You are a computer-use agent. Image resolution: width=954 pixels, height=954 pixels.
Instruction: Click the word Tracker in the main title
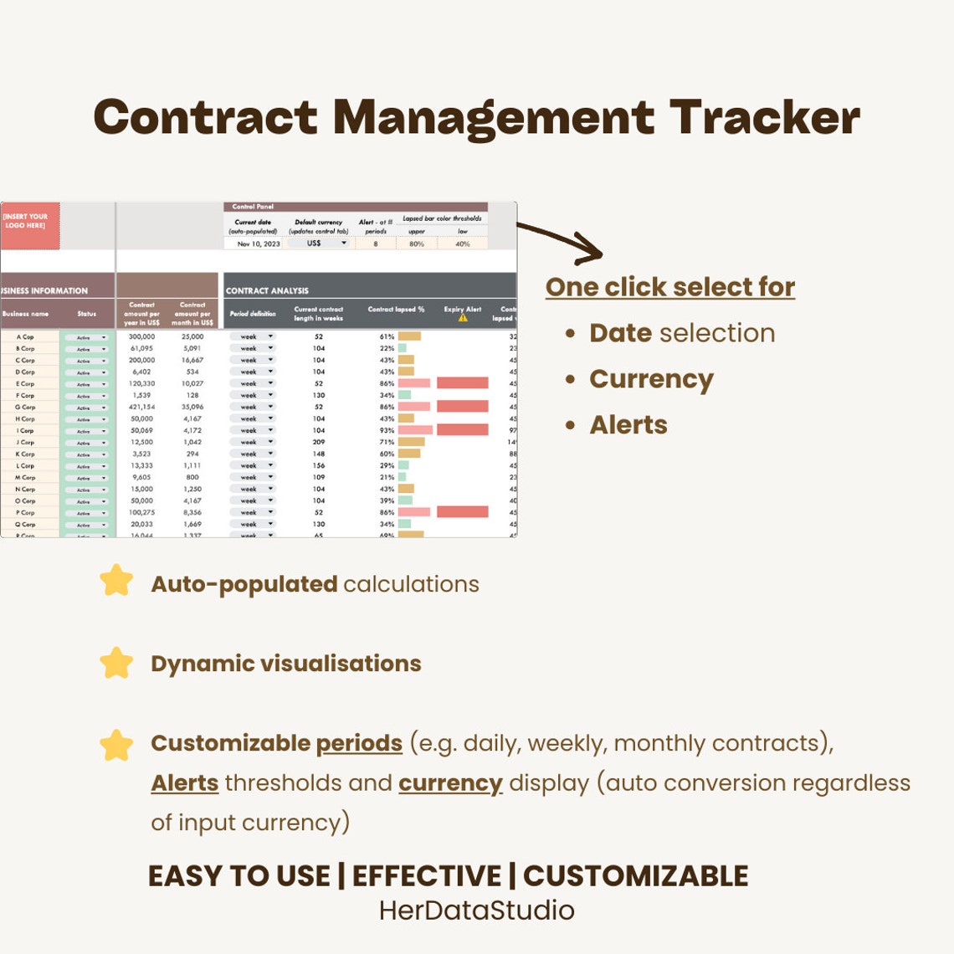tap(764, 117)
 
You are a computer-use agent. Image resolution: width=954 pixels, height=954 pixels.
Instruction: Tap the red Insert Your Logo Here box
tap(30, 225)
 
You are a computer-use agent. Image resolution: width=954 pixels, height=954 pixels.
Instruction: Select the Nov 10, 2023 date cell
tap(259, 244)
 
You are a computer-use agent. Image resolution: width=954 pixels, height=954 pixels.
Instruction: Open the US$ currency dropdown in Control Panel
tap(319, 244)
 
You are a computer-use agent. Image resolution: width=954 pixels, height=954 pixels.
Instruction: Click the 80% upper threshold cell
tap(417, 244)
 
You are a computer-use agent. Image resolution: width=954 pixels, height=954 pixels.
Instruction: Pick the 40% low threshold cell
tap(463, 244)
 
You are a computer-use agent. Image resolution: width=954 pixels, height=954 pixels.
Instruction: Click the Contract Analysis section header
tap(268, 290)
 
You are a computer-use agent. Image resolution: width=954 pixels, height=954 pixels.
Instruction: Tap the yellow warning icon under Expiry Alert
tap(463, 318)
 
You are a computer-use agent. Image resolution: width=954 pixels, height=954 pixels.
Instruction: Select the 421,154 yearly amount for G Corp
tap(142, 407)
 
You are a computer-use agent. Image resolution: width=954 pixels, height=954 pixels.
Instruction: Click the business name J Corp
tap(26, 442)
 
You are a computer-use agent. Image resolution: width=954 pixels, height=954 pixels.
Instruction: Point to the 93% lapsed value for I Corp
tap(387, 430)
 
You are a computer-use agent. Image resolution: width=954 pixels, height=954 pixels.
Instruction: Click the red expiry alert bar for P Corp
tap(462, 511)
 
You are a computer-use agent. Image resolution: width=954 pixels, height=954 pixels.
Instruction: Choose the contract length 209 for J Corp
tap(319, 442)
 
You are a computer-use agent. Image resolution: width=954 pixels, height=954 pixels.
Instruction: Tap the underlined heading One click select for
tap(669, 287)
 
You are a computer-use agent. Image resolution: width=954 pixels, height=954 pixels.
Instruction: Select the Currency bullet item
tap(651, 379)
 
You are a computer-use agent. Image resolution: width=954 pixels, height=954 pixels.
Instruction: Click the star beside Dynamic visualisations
tap(116, 663)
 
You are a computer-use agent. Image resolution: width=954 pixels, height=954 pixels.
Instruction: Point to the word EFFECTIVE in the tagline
tap(427, 876)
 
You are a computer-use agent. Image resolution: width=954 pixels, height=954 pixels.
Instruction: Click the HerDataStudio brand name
tap(476, 910)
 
